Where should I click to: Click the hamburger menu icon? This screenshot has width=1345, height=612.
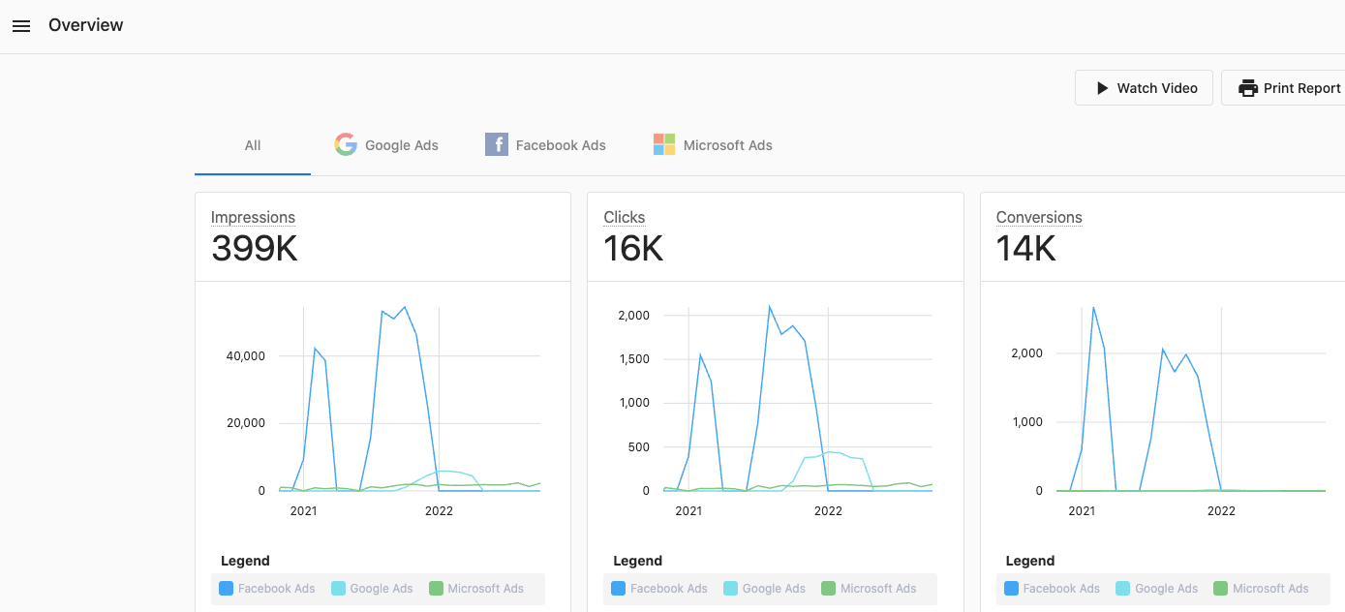[x=21, y=26]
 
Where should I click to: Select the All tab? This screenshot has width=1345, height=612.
[x=253, y=145]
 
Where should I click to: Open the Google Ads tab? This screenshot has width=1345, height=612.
[x=386, y=145]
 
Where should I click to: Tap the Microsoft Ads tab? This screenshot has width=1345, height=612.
[x=713, y=145]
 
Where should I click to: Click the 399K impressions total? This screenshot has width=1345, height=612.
[x=255, y=249]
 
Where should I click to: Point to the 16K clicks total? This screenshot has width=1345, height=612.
[x=633, y=249]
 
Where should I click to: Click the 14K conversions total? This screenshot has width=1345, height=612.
[x=1026, y=249]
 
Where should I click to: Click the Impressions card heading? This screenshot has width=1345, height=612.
[x=253, y=218]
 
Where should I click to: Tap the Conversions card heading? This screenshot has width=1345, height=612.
[x=1039, y=218]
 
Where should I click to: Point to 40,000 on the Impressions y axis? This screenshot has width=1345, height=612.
[x=245, y=356]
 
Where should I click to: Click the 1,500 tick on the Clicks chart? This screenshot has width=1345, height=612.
[x=634, y=359]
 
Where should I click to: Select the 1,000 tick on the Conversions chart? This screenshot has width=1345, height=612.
[x=1025, y=422]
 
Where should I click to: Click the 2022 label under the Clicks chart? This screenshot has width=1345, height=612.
[x=828, y=511]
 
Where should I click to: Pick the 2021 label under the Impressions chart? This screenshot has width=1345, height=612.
[x=303, y=511]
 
